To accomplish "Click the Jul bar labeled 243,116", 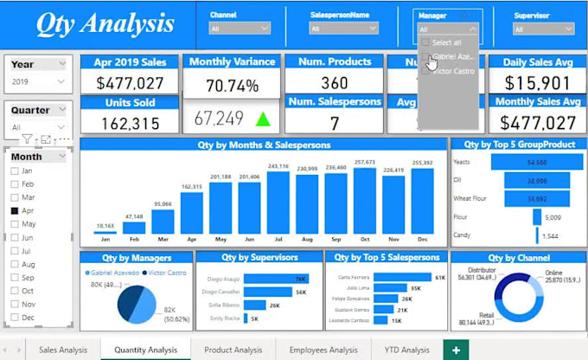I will pos(278,203).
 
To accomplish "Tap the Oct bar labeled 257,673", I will pos(365,201).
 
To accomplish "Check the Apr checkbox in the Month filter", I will pos(15,210).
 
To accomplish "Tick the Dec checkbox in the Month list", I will pos(15,318).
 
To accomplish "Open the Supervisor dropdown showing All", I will pos(542,29).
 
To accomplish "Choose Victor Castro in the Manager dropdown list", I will pos(449,71).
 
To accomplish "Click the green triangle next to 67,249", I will pos(262,119).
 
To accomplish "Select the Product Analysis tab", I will pos(233,350).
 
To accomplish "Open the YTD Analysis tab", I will pos(406,350).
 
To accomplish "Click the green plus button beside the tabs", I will pos(455,350).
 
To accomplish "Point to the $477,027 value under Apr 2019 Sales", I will pos(130,83).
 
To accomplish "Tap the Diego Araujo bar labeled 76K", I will pos(276,279).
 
